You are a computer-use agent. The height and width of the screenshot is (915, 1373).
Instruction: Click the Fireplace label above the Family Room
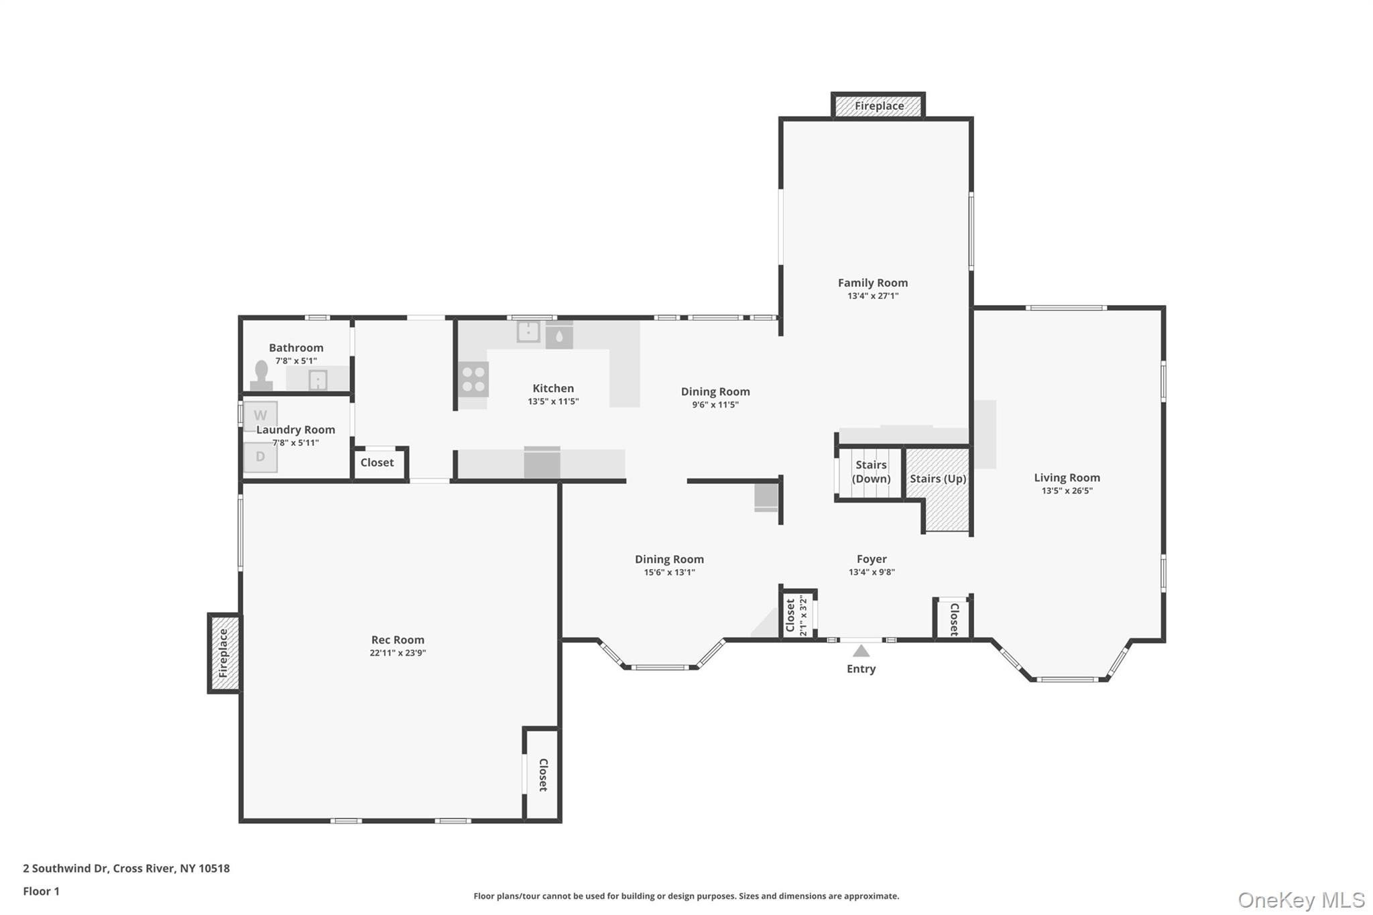(879, 106)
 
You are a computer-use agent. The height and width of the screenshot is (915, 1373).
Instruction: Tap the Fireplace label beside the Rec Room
(224, 653)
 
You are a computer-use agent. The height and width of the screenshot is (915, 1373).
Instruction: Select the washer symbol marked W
(260, 416)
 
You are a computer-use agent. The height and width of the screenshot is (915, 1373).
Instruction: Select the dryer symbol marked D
(260, 457)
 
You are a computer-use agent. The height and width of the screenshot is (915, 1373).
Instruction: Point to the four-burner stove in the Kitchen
(473, 379)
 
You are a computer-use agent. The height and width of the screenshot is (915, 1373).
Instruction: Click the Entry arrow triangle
(861, 651)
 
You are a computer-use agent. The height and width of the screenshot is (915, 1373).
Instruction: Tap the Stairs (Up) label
(937, 479)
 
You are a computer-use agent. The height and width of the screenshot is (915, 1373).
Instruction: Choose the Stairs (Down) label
(871, 472)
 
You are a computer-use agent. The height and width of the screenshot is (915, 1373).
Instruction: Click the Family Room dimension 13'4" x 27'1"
(873, 296)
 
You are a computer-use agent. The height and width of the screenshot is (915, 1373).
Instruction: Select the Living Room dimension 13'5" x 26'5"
(1067, 491)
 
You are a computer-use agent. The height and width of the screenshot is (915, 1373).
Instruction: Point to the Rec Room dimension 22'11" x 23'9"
(398, 653)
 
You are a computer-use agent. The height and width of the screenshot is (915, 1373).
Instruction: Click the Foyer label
(872, 559)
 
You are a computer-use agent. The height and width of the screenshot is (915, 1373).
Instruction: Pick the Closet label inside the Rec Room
(543, 775)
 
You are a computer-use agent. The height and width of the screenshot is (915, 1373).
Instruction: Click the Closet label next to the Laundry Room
(377, 463)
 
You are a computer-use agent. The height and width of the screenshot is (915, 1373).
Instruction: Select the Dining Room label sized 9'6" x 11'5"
(715, 391)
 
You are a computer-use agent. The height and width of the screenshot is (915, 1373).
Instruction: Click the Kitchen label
(553, 388)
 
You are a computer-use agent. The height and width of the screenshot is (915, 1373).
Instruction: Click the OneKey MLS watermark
(1301, 900)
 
